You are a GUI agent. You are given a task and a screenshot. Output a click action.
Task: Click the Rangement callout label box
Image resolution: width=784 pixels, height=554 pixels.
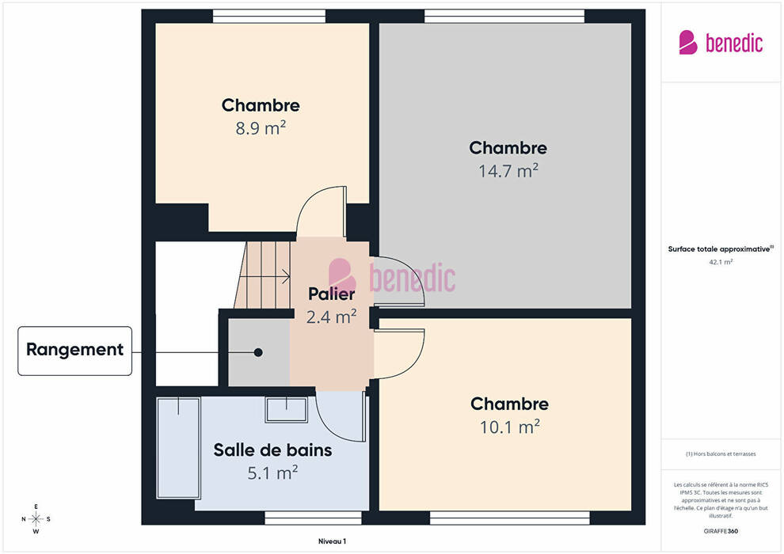[x=75, y=351]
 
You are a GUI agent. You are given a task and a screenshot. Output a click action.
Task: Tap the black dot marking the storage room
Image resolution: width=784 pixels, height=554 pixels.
[x=258, y=352]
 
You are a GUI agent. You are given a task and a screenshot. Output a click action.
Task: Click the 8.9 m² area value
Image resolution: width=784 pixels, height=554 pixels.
[x=261, y=128]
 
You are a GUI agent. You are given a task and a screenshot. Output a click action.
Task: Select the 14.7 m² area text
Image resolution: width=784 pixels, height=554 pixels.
[x=508, y=171]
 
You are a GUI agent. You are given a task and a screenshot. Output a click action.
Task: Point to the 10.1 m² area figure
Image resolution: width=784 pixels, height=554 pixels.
[x=509, y=427]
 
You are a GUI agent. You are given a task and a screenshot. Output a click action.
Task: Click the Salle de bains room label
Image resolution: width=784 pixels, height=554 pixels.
[x=272, y=450]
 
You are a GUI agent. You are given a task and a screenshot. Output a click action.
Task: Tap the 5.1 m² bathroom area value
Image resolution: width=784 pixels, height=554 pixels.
[x=272, y=472]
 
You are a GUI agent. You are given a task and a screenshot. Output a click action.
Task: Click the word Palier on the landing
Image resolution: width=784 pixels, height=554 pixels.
[x=332, y=294]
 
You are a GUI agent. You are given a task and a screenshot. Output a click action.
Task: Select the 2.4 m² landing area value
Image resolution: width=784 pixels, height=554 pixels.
[x=332, y=317]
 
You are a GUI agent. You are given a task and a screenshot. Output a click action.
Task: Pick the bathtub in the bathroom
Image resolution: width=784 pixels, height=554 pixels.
[x=178, y=448]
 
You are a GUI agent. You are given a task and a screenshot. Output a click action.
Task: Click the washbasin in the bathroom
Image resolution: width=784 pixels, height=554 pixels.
[x=286, y=410]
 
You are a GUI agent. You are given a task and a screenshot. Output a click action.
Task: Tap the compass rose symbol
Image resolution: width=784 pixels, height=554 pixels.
[x=36, y=519]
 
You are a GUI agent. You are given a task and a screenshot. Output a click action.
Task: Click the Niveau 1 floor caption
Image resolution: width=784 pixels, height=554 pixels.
[x=332, y=541]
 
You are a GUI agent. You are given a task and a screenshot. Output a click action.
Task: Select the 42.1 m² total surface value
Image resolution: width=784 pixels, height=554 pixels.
[x=721, y=262]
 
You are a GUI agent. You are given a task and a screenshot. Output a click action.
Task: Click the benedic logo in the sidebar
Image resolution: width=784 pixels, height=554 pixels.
[x=721, y=43]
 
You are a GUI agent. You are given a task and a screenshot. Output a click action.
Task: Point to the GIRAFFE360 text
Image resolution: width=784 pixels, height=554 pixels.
[x=721, y=531]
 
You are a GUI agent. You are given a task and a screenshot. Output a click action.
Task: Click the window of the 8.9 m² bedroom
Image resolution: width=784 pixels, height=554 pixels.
[x=269, y=16]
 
